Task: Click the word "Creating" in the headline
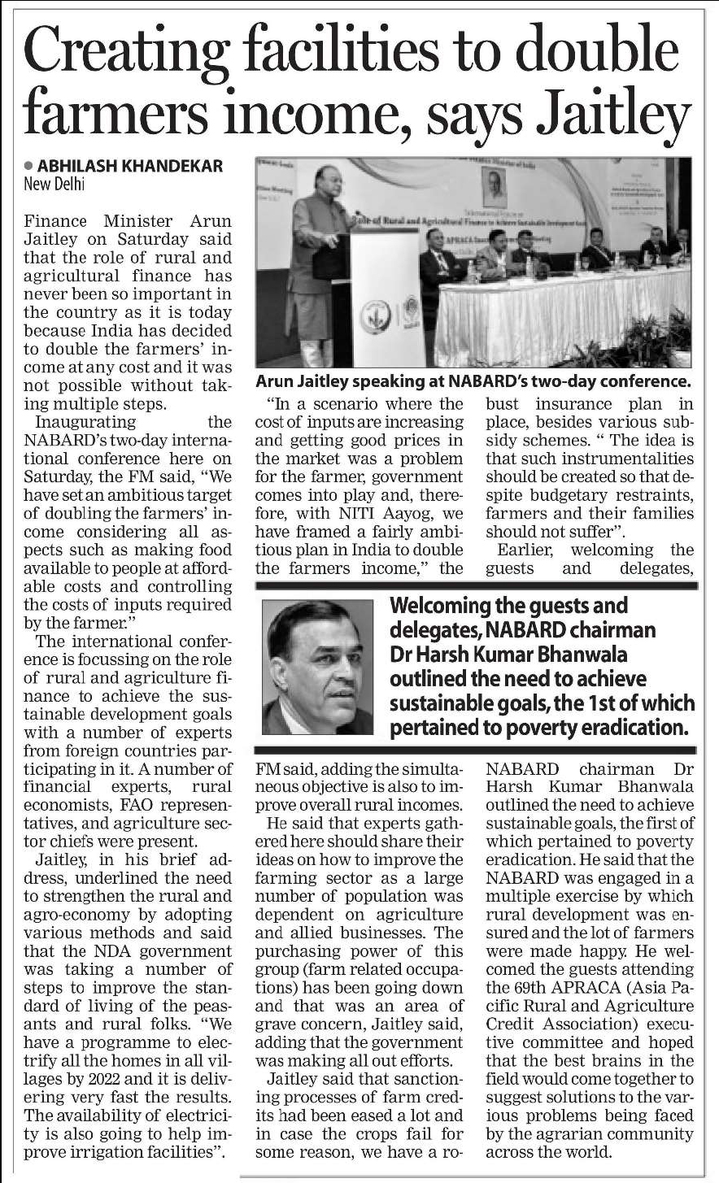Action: click(123, 50)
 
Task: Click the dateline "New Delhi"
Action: click(54, 184)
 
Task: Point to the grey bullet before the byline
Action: click(29, 166)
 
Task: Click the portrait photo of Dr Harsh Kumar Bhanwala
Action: click(318, 668)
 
